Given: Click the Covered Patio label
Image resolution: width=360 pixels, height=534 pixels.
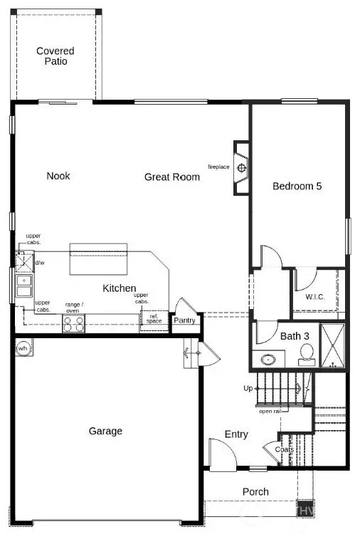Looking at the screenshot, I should pyautogui.click(x=55, y=56).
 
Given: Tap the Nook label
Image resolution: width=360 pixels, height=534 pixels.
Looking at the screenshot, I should pyautogui.click(x=58, y=176).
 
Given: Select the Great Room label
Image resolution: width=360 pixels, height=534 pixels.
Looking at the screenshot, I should pyautogui.click(x=171, y=177).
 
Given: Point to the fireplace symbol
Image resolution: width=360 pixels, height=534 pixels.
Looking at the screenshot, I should pyautogui.click(x=242, y=168).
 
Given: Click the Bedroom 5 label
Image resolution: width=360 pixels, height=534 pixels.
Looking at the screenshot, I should pyautogui.click(x=297, y=186).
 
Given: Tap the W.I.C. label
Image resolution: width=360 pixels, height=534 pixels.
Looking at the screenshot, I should pyautogui.click(x=315, y=296).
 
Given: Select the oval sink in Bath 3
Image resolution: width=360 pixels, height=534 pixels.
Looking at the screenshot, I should pyautogui.click(x=270, y=360).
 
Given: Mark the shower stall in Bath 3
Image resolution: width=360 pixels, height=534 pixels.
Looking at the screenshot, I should pyautogui.click(x=332, y=345).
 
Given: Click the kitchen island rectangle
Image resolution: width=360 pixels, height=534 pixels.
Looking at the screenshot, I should pyautogui.click(x=98, y=258).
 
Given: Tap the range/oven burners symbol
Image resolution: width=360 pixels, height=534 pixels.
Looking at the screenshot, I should pyautogui.click(x=73, y=324).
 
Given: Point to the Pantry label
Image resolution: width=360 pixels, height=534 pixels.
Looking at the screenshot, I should pyautogui.click(x=184, y=321).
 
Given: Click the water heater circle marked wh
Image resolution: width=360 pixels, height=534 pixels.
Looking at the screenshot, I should pyautogui.click(x=23, y=348).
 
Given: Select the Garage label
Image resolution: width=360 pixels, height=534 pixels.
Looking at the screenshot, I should pyautogui.click(x=105, y=431).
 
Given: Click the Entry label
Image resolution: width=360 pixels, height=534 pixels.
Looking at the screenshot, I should pyautogui.click(x=236, y=434).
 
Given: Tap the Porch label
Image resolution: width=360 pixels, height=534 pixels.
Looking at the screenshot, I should pyautogui.click(x=255, y=491).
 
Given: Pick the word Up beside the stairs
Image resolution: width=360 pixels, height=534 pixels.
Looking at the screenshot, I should pyautogui.click(x=248, y=388).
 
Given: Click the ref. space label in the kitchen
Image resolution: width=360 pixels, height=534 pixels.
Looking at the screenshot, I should pyautogui.click(x=154, y=319).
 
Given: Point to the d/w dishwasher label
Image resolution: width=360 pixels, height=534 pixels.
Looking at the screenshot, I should pyautogui.click(x=40, y=263).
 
